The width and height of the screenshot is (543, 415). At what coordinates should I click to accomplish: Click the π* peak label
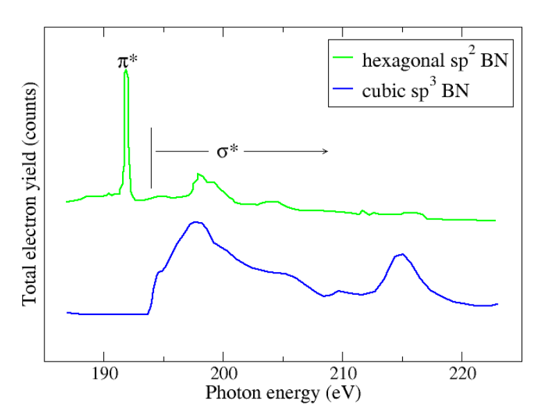point(128,62)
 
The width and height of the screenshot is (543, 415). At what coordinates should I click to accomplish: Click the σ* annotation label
point(227,151)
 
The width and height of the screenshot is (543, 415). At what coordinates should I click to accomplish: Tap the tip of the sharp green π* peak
point(126,70)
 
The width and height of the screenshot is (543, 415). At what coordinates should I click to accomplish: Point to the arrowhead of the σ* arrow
point(325,151)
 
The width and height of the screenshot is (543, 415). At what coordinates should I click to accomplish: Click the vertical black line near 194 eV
point(151,158)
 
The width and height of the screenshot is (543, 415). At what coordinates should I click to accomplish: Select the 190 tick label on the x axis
point(104,374)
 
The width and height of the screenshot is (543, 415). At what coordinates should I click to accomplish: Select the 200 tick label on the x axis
point(223,374)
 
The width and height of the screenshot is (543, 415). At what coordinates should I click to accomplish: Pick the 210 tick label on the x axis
point(343,374)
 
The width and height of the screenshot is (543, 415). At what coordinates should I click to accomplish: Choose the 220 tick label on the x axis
point(462,374)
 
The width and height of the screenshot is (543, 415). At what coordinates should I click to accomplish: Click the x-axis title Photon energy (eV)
point(283,393)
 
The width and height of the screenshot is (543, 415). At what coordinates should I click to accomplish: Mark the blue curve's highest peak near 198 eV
point(197,222)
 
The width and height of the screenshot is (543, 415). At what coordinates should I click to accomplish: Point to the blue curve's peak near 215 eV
point(402,254)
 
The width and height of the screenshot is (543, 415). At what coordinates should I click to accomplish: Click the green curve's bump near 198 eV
point(199,174)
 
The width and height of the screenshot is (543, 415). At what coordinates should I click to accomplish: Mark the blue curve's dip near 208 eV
point(325,296)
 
